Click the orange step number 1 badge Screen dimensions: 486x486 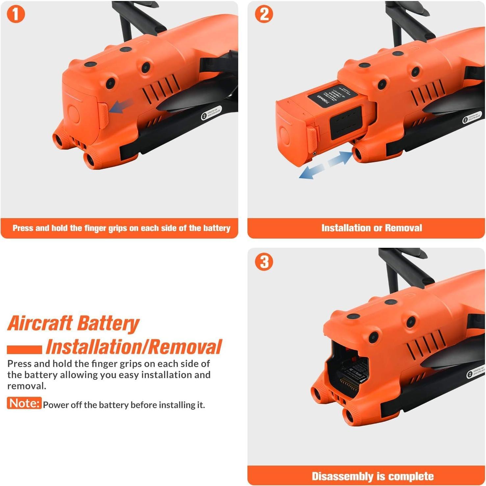(16, 14)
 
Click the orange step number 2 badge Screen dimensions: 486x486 (264, 14)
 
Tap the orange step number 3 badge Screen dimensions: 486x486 (264, 262)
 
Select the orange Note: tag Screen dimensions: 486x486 (24, 403)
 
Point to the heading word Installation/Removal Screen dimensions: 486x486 (134, 347)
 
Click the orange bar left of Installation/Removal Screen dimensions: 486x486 (24, 349)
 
